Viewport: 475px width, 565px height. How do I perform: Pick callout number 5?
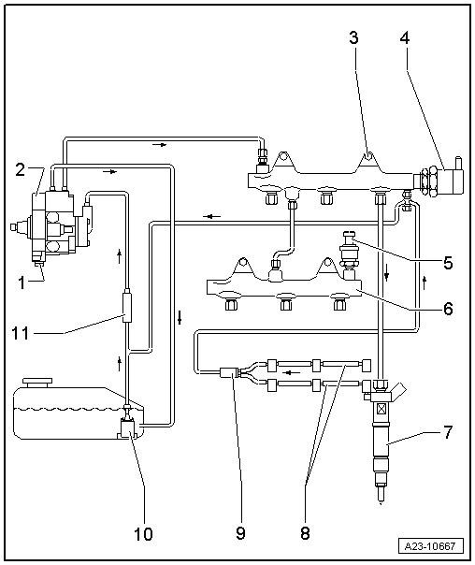448,263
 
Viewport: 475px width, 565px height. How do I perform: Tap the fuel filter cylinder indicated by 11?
124,306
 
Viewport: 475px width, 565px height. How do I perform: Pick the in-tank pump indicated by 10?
129,428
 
